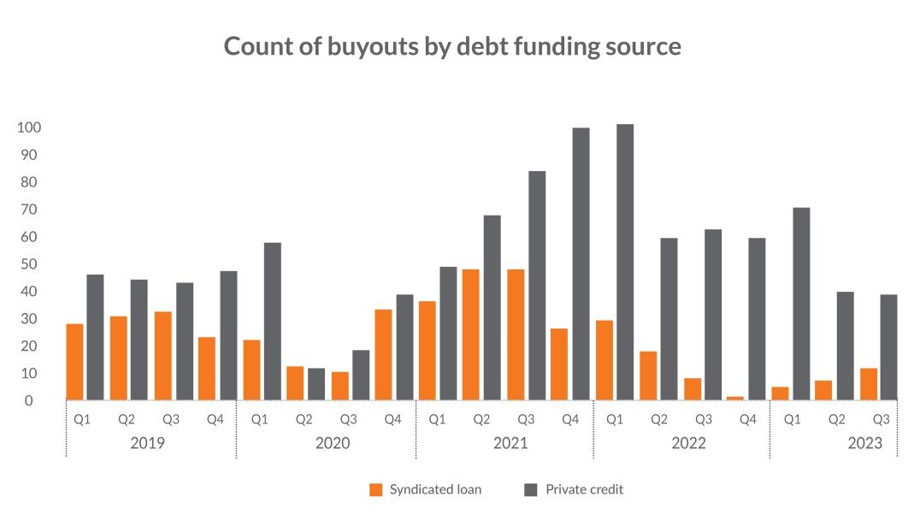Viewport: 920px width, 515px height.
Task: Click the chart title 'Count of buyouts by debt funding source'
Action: [x=452, y=46]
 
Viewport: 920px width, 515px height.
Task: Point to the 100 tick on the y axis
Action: [x=30, y=127]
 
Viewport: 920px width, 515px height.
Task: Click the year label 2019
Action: [x=148, y=443]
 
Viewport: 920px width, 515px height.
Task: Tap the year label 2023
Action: [x=864, y=443]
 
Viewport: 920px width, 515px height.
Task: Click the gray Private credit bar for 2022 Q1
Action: [x=625, y=262]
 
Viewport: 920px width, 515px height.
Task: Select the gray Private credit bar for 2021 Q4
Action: [x=581, y=263]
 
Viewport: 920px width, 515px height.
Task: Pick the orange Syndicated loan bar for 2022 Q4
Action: [x=735, y=398]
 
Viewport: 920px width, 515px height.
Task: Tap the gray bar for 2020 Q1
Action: [x=273, y=321]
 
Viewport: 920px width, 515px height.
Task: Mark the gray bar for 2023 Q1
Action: [x=801, y=304]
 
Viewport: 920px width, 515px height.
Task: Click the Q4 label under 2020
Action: [x=392, y=419]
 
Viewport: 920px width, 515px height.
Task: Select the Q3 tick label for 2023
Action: [x=882, y=419]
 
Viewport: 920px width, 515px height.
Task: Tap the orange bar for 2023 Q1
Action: [x=780, y=393]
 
